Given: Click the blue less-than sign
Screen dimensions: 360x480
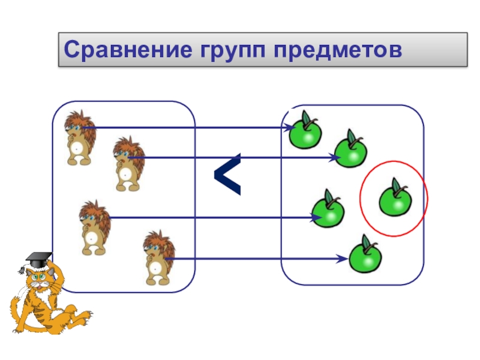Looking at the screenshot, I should [x=228, y=175].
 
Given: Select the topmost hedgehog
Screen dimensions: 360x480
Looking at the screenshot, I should [x=79, y=137].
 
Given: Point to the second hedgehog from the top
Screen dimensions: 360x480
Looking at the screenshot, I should [x=128, y=164].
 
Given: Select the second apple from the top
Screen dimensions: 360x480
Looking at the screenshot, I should [x=350, y=151].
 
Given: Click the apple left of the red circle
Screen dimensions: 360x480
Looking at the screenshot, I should [x=328, y=209].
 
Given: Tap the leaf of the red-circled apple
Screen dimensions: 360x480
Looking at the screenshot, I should [x=396, y=185].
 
